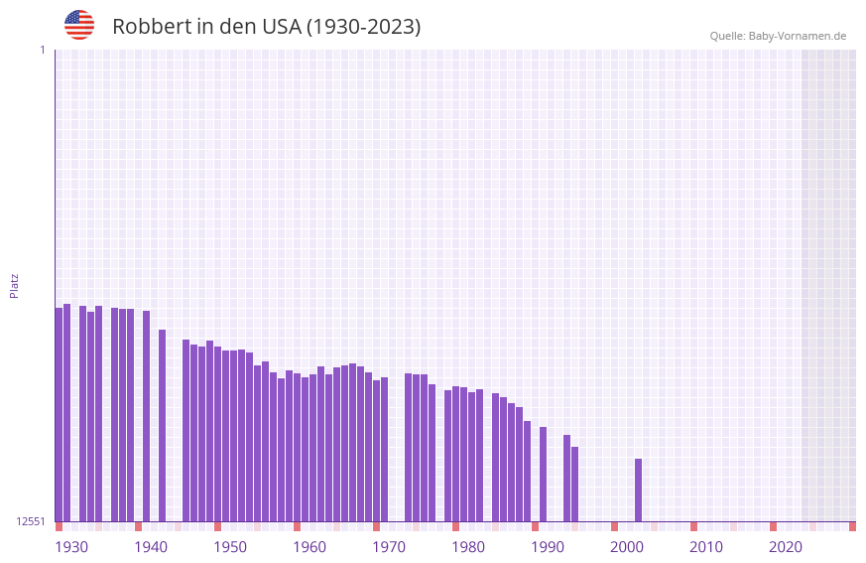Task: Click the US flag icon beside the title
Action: coord(79,25)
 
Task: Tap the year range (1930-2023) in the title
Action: coord(363,27)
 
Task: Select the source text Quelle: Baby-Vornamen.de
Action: coord(778,36)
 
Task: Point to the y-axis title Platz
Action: coord(14,285)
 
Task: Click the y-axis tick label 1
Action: coord(42,50)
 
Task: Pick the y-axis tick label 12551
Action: coord(31,521)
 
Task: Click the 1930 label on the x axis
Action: coord(71,547)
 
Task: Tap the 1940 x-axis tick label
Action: coord(151,547)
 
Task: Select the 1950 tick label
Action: coord(230,547)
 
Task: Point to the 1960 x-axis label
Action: coord(309,547)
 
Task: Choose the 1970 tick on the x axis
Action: coord(389,547)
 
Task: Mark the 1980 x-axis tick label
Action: coord(468,547)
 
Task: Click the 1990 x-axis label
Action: coord(548,547)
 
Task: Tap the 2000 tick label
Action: coord(627,547)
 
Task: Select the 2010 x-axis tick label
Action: coord(706,547)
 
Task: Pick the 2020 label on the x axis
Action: coord(786,547)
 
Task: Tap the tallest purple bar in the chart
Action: coord(66,412)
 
